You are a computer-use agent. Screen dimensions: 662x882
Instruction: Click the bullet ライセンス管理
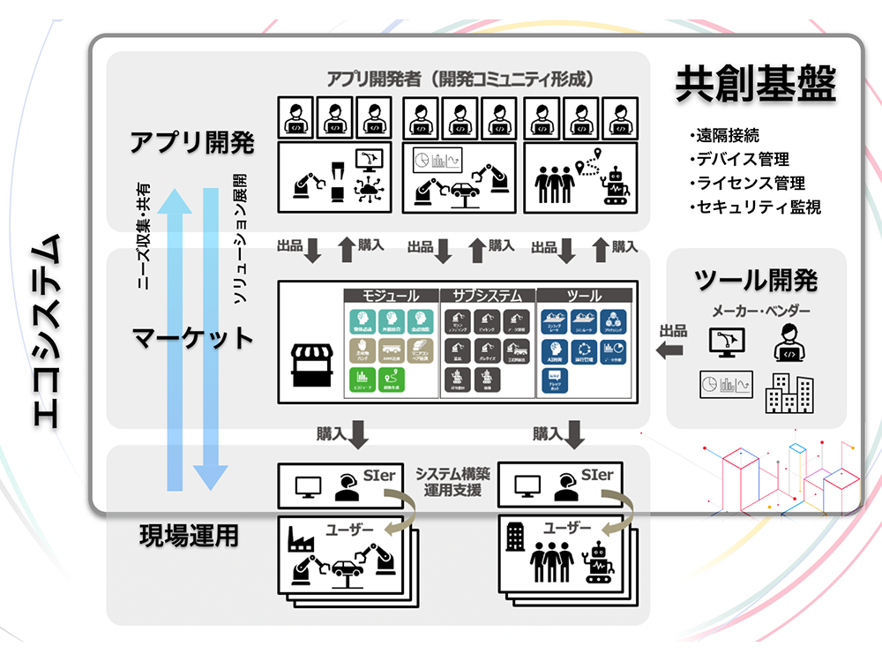(751, 184)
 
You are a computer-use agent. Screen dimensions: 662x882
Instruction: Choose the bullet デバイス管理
(743, 160)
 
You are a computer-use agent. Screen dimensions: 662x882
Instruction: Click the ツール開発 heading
(756, 281)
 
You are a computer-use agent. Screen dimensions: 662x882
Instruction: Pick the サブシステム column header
(487, 295)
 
